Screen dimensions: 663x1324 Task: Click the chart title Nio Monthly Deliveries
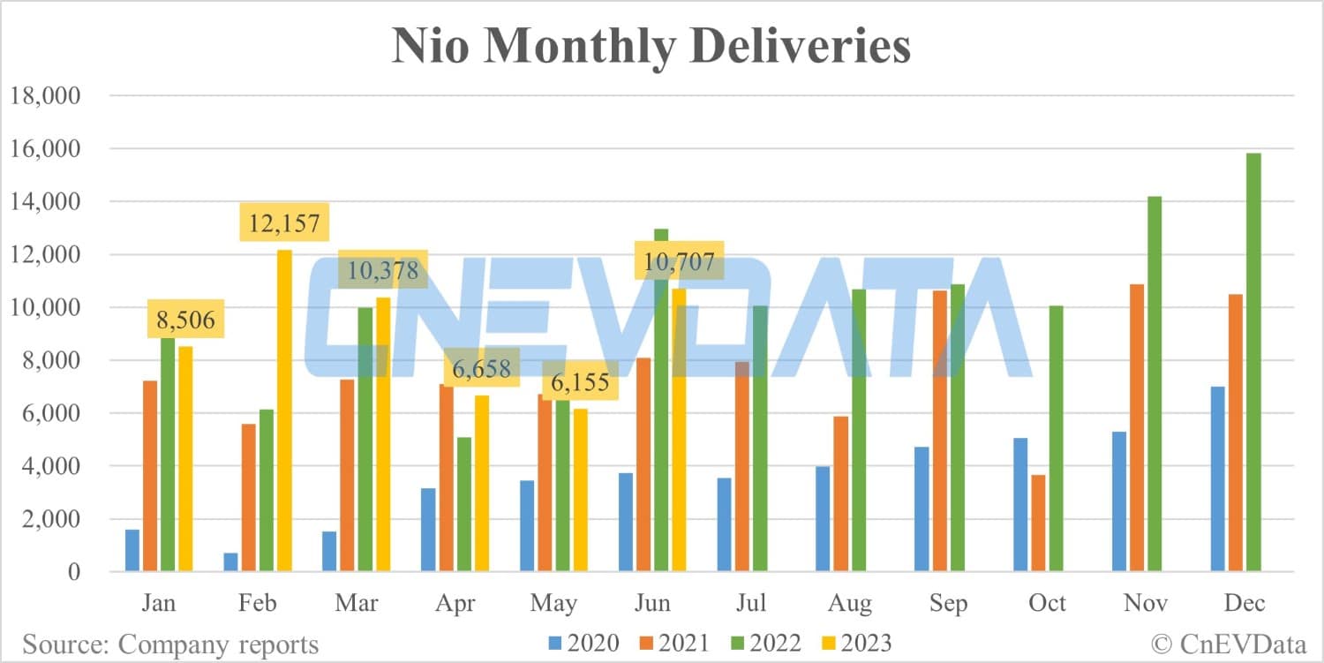pos(651,46)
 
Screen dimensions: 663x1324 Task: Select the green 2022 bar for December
pos(1253,362)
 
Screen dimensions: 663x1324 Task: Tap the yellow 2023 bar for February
pos(284,411)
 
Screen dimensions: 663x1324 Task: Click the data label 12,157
pos(284,222)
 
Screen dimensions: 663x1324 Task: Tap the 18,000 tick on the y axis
pos(44,95)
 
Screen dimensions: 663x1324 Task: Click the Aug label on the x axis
pos(849,604)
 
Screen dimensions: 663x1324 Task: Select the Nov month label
pos(1146,604)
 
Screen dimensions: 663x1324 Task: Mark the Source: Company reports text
pos(170,644)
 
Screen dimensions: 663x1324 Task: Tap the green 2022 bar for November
pos(1154,383)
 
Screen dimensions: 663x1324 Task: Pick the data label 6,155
pos(580,382)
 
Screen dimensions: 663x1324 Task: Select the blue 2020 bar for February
pos(230,561)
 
